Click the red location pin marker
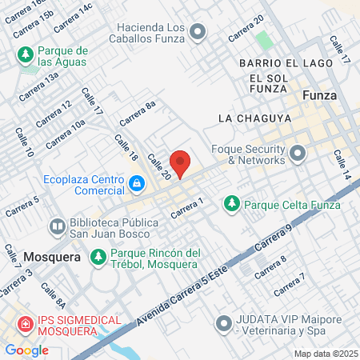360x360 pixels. [181, 163]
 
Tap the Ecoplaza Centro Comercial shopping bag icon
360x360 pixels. [138, 185]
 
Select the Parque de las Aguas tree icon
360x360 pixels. [25, 54]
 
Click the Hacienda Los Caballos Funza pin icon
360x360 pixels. [198, 30]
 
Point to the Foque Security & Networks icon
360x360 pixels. [298, 152]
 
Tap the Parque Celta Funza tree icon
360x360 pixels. [232, 203]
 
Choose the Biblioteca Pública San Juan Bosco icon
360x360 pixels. [58, 226]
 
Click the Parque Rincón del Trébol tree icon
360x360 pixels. [98, 258]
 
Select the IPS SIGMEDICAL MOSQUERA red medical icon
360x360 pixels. [26, 326]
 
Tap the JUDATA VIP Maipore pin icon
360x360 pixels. [223, 325]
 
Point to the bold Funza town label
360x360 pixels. [320, 95]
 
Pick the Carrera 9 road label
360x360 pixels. [275, 238]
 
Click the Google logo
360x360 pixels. [27, 350]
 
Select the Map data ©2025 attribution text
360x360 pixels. [325, 353]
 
